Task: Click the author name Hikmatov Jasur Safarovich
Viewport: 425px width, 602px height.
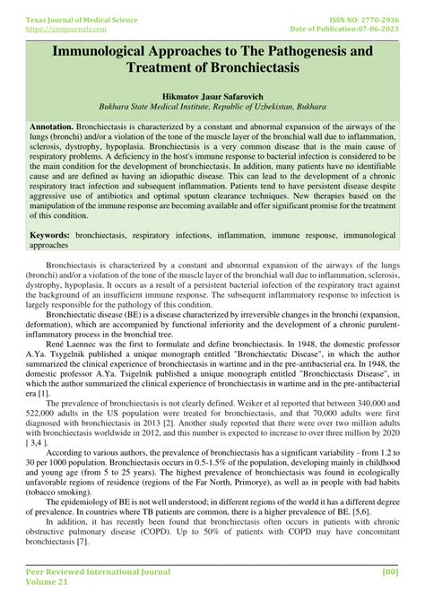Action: tap(212, 104)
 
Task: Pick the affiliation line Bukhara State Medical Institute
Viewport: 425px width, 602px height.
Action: tap(161, 117)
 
